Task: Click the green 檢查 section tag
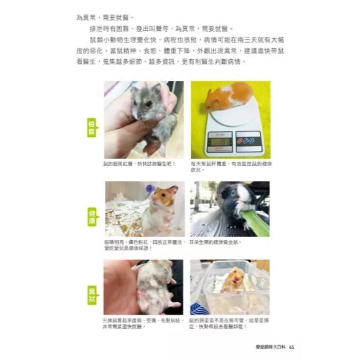click(x=92, y=128)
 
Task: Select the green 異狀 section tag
click(x=92, y=295)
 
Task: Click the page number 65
click(x=291, y=347)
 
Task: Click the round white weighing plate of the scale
click(x=233, y=115)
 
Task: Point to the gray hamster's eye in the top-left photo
click(x=148, y=103)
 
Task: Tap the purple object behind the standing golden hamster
click(x=150, y=189)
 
